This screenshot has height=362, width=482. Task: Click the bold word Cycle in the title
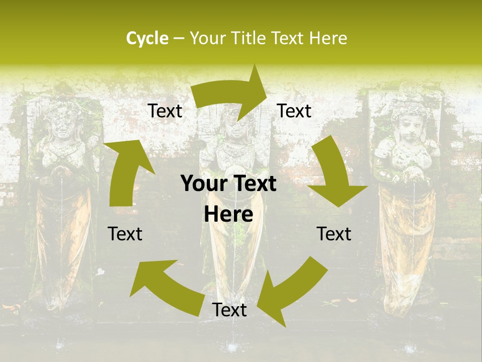point(147,38)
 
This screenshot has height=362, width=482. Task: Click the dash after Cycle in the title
point(179,39)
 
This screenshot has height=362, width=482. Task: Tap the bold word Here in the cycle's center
point(228,215)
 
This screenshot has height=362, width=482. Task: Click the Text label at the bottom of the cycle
point(229,310)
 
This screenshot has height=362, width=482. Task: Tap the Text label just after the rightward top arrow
point(294,111)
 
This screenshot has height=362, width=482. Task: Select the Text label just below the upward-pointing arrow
point(125,234)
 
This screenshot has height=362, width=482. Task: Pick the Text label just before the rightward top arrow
point(165,111)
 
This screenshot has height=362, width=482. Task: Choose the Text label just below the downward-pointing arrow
point(334,234)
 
